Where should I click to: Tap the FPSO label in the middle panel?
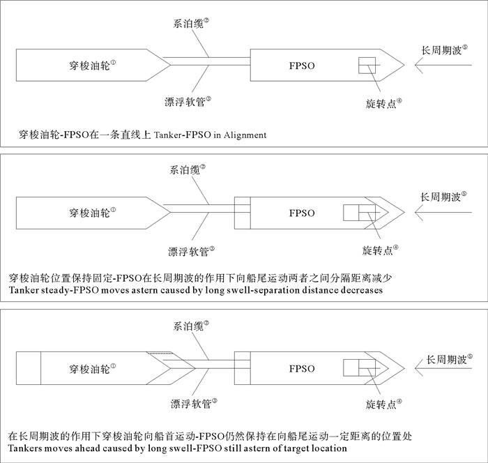coord(302,213)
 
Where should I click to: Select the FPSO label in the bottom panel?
coord(302,368)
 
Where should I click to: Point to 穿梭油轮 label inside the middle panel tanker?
coord(91,212)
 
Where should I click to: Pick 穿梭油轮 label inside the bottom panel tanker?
coord(91,367)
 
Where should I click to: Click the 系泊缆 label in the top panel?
coord(189,24)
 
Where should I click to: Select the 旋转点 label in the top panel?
coord(381,102)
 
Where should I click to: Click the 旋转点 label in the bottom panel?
coord(380,403)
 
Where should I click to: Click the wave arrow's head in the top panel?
coord(415,66)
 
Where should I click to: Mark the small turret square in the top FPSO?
coord(368,66)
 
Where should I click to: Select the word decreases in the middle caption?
coord(360,290)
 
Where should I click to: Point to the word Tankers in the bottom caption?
coord(28,448)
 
